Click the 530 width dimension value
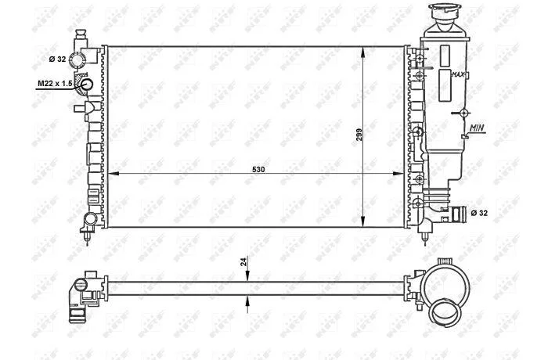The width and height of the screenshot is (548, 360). (x=258, y=170)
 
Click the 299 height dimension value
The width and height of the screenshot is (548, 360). (x=359, y=135)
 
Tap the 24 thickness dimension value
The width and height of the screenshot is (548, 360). (x=244, y=261)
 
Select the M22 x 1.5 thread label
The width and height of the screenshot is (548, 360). (x=55, y=84)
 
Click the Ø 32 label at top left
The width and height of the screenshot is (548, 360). (x=57, y=59)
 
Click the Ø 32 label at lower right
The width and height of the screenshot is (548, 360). (x=479, y=213)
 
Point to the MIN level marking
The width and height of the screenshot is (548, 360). (x=477, y=128)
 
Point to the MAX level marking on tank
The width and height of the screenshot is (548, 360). (x=458, y=74)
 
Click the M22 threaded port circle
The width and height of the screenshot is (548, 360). (x=86, y=85)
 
